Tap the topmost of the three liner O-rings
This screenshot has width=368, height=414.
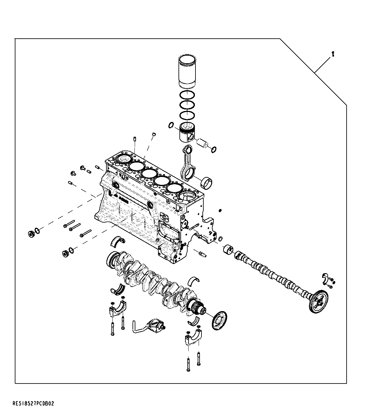point(188,95)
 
